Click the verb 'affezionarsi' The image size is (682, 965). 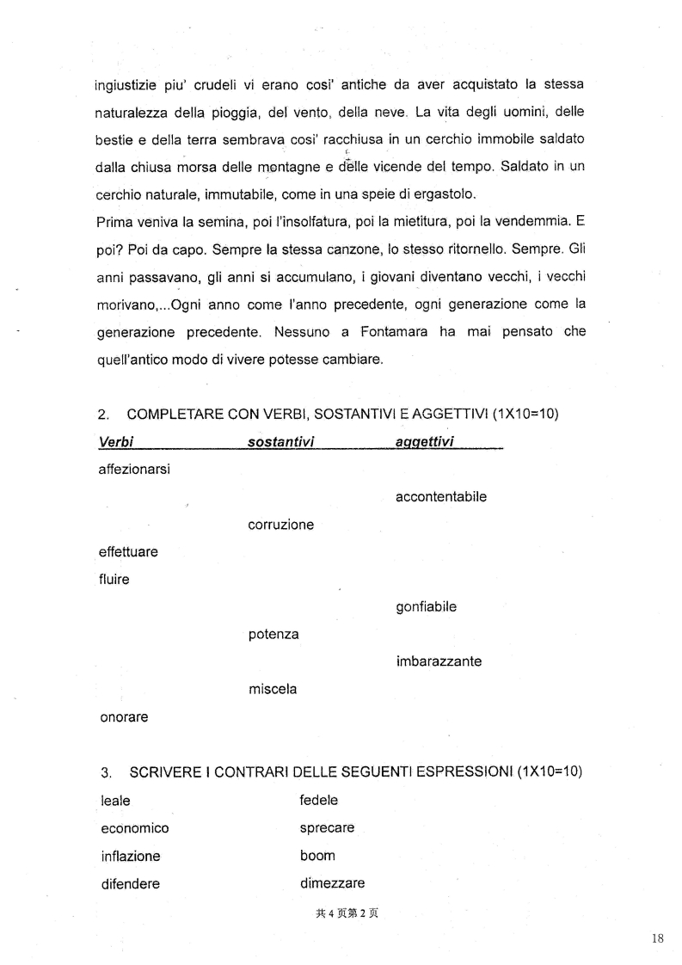pos(134,470)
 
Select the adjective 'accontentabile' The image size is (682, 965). pos(441,497)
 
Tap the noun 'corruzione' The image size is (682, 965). pos(280,525)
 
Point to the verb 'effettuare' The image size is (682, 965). pos(129,552)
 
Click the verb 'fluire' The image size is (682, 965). pos(114,580)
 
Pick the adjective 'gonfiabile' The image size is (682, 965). pos(426,607)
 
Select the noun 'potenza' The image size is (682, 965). pos(273,635)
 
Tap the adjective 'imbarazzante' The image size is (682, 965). pos(439,662)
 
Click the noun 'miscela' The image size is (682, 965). pos(273,690)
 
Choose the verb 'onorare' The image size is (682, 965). pos(124,717)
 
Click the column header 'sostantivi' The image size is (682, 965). pos(280,442)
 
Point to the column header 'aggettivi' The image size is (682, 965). pos(425,442)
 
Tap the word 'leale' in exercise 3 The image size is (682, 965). pos(115,801)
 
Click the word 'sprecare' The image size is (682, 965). pos(327,828)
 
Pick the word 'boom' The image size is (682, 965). pos(317,856)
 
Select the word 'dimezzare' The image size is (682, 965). pos(332,883)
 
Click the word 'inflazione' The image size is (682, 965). pos(130,857)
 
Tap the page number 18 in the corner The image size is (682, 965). pos(658,939)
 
